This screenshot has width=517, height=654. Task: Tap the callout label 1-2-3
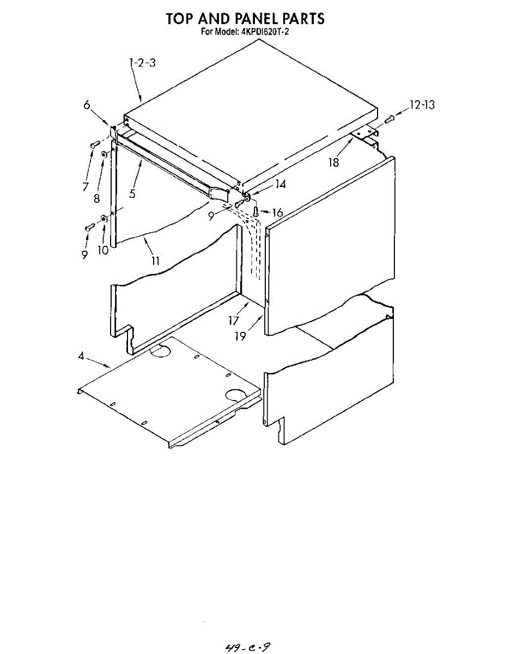click(x=142, y=63)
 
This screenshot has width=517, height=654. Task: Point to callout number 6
click(x=87, y=105)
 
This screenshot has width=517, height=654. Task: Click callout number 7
click(x=86, y=186)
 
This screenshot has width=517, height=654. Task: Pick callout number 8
click(x=98, y=198)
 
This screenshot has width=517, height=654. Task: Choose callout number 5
click(x=132, y=193)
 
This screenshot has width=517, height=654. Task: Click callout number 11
click(x=155, y=261)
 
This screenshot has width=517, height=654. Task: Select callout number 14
click(x=280, y=184)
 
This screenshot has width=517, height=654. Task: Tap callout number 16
click(x=277, y=212)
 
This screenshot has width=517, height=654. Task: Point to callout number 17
click(x=234, y=320)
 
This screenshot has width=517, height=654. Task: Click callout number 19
click(x=240, y=336)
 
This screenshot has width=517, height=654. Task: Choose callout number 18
click(x=333, y=162)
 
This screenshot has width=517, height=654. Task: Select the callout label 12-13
click(x=422, y=105)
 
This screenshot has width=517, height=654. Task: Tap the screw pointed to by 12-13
click(x=389, y=119)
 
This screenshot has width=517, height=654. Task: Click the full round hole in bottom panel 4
click(x=236, y=396)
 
